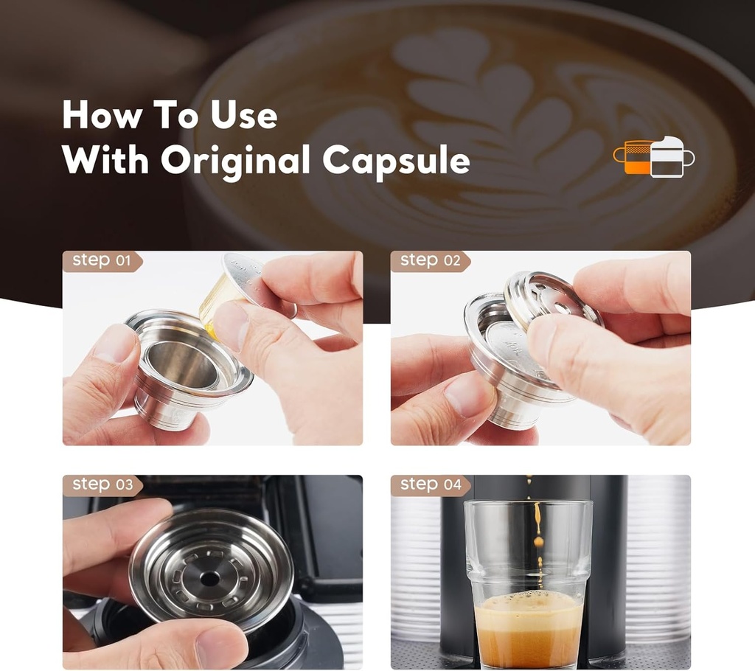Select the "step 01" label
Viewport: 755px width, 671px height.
(101, 260)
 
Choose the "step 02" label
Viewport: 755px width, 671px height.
(430, 260)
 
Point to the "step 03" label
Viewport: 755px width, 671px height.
(102, 484)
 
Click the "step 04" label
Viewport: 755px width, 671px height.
(430, 484)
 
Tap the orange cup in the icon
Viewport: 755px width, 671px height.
(636, 157)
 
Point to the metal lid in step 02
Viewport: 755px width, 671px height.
(553, 299)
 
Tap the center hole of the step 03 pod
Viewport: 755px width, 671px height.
(209, 579)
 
